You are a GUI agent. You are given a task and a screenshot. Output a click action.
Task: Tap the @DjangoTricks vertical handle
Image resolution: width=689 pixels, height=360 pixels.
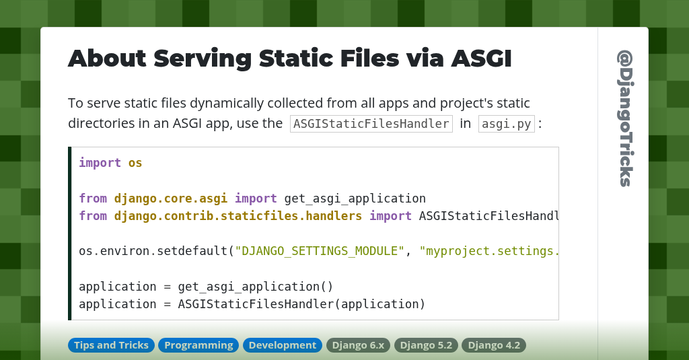click(x=624, y=118)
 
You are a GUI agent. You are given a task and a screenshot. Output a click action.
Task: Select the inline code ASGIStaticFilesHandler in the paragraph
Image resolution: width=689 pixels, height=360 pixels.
click(x=371, y=124)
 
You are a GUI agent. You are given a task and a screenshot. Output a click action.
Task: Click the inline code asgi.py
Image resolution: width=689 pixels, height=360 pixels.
click(x=506, y=124)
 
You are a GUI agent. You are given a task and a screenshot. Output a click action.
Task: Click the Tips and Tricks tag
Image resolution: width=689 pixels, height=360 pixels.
click(x=111, y=345)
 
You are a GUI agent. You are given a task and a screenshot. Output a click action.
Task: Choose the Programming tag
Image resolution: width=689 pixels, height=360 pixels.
click(x=198, y=345)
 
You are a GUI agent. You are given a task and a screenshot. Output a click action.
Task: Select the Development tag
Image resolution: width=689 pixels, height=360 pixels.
click(x=282, y=345)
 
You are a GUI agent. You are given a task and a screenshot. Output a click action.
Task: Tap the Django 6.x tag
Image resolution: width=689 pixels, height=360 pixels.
click(x=358, y=345)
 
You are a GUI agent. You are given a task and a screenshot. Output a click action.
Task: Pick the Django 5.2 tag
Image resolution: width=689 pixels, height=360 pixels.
click(x=426, y=345)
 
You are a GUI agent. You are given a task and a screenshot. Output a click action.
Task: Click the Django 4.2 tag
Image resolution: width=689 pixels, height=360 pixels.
click(x=494, y=345)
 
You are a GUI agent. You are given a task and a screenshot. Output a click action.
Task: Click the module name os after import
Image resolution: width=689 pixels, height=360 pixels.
click(x=135, y=163)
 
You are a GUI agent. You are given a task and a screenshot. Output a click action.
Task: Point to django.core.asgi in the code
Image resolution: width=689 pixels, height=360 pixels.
click(x=170, y=199)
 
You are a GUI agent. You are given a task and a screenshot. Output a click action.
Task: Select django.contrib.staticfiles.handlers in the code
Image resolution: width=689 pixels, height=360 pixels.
click(x=238, y=216)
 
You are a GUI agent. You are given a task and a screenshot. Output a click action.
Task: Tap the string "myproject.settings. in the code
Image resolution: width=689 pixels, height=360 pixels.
click(x=489, y=251)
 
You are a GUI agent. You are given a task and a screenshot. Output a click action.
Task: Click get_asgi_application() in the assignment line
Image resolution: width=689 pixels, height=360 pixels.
click(x=256, y=286)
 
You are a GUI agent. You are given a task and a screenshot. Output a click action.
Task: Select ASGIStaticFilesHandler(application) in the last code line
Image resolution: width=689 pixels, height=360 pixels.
click(x=301, y=303)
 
